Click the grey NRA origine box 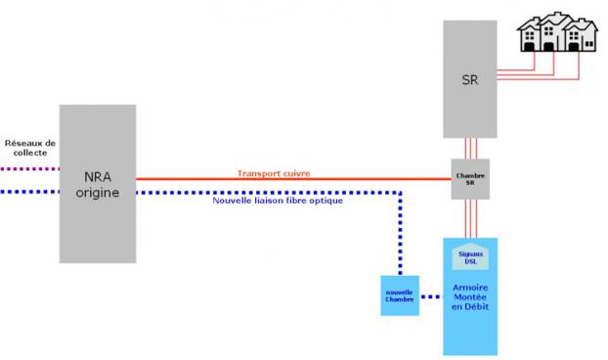click(97, 225)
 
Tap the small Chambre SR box click(470, 179)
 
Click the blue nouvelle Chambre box click(399, 294)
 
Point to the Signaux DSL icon click(469, 257)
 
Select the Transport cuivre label click(274, 173)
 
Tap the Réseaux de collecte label click(30, 148)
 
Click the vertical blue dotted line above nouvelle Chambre click(400, 235)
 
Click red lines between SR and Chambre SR click(470, 148)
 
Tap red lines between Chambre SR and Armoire click(470, 218)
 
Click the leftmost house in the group click(533, 37)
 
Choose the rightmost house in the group click(585, 36)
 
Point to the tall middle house click(558, 31)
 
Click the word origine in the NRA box click(97, 193)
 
